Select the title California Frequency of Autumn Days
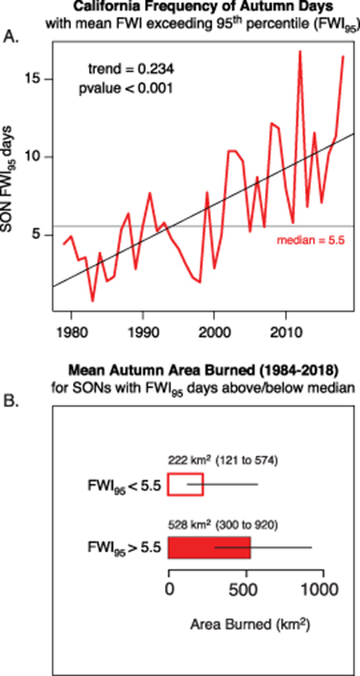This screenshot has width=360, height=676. (x=200, y=10)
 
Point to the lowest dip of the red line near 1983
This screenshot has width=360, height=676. (x=92, y=300)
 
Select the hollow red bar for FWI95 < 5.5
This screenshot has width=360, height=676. (x=185, y=484)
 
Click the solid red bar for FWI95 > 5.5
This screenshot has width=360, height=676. (x=209, y=546)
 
